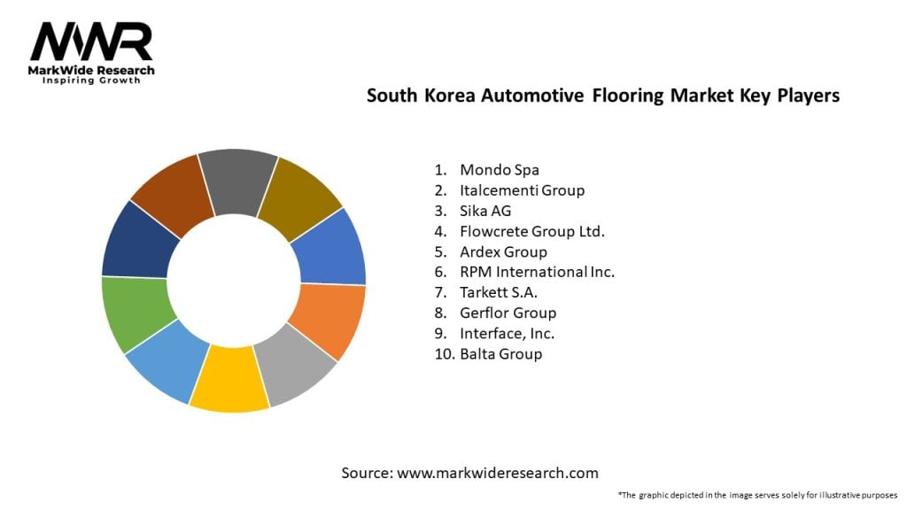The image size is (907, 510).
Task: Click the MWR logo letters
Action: [x=91, y=41]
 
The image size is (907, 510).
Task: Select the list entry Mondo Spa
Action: [x=500, y=170]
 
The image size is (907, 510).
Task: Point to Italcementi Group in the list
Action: [x=522, y=190]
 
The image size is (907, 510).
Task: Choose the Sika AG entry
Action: [x=485, y=211]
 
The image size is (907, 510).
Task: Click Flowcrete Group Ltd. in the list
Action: [x=532, y=231]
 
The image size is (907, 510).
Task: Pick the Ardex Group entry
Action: [x=503, y=252]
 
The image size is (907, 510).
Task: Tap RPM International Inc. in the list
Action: [x=537, y=272]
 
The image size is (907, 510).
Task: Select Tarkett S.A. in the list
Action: [x=499, y=292]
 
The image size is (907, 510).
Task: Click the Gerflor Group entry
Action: [x=508, y=313]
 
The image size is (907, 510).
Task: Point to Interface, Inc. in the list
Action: [x=507, y=334]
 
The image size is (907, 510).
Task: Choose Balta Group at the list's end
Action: [x=501, y=354]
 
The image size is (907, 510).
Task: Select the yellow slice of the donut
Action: [x=229, y=379]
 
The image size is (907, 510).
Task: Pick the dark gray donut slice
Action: [x=237, y=181]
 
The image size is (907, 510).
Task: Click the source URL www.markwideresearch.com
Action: [x=498, y=473]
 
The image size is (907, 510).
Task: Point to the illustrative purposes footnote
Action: [x=758, y=495]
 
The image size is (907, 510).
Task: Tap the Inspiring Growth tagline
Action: [x=91, y=81]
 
